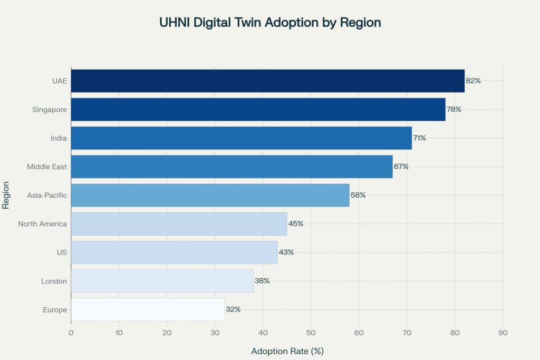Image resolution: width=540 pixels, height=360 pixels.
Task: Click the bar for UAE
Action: tap(268, 81)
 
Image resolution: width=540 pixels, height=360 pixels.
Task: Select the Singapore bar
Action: tap(258, 109)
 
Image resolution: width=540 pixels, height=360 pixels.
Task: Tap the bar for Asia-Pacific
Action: tap(210, 195)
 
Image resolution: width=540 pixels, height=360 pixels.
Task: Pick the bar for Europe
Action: tap(148, 309)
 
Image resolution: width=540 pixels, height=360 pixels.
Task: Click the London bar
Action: tap(162, 281)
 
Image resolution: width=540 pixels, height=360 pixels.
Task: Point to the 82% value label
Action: tap(474, 81)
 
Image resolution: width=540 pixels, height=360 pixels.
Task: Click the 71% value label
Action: tap(420, 138)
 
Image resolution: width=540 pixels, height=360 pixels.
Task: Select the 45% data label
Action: tap(296, 223)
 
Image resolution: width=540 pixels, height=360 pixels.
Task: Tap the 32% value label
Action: tap(233, 309)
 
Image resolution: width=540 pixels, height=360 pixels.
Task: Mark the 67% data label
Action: tap(401, 167)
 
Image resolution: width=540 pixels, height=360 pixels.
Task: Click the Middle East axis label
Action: tap(47, 167)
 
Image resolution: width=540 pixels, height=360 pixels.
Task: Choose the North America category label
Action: tap(43, 223)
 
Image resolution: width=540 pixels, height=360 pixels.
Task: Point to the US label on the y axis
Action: tap(62, 252)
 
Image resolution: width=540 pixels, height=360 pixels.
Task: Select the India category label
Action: tap(59, 138)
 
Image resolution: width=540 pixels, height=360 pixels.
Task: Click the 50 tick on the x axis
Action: tap(311, 333)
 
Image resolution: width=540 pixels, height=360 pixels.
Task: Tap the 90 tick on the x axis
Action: tap(503, 333)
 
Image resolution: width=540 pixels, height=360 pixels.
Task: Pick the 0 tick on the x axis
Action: tap(71, 333)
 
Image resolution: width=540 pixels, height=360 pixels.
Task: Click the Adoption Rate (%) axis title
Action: tap(287, 351)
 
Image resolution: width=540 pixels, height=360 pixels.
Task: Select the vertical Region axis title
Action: tap(6, 195)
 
